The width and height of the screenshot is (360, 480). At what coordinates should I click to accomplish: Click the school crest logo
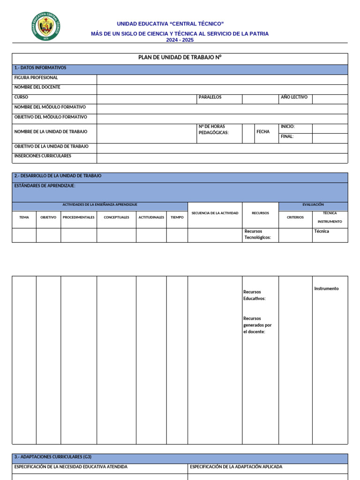click(45, 26)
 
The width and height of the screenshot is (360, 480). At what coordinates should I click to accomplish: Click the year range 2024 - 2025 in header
click(180, 40)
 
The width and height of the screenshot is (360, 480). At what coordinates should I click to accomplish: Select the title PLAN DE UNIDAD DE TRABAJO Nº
click(180, 57)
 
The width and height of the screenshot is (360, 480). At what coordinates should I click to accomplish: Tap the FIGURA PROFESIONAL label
click(36, 78)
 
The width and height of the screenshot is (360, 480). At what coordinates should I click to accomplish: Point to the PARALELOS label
click(210, 97)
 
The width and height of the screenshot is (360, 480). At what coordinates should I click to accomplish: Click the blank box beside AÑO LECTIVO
click(330, 99)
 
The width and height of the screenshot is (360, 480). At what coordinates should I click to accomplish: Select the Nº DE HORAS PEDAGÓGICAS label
click(214, 130)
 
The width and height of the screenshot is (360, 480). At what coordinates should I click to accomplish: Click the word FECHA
click(263, 132)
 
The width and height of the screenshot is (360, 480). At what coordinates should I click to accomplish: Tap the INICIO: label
click(288, 127)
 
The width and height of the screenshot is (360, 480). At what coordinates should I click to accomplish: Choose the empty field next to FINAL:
click(330, 138)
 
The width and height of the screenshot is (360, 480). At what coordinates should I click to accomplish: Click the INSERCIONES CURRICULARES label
click(43, 156)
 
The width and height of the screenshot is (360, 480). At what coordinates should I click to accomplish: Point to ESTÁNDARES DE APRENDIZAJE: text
click(45, 186)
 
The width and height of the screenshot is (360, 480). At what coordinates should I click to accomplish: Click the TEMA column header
click(24, 217)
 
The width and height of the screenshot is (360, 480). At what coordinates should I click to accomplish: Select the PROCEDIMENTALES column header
click(79, 217)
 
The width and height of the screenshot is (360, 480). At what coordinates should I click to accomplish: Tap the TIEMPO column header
click(177, 217)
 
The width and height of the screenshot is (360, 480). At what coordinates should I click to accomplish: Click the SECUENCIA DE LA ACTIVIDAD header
click(215, 213)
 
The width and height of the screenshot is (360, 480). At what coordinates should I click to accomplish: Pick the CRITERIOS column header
click(295, 217)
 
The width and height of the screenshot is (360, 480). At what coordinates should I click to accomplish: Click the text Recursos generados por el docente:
click(257, 325)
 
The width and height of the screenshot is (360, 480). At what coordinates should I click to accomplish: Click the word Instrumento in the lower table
click(326, 289)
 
